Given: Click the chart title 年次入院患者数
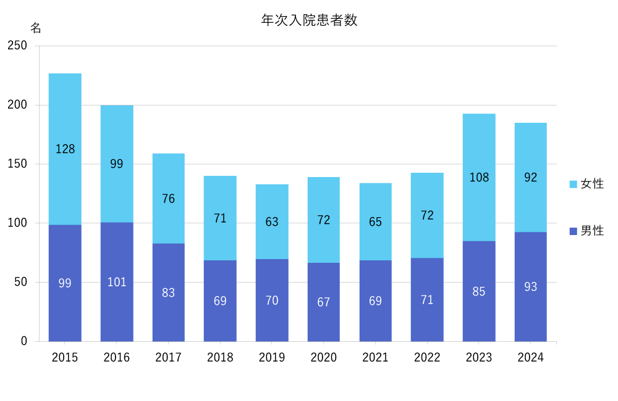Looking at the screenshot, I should coord(309,20).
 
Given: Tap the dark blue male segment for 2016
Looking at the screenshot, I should coord(117,308).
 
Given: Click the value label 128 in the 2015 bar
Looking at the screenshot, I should coord(65,149).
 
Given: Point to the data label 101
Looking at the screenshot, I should coord(117,282).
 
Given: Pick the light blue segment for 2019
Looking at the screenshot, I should coord(272,204).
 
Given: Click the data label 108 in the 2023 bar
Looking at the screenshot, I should coord(479,178).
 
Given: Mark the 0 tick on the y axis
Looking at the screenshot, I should coord(24,341).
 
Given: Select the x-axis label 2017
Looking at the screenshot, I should coord(169,358).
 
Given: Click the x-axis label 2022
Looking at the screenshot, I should coord(427,358).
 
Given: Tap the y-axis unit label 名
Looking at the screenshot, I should coord(36,28).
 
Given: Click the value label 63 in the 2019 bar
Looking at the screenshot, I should coord(272,222).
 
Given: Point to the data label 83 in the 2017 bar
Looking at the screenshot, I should coord(169,293).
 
